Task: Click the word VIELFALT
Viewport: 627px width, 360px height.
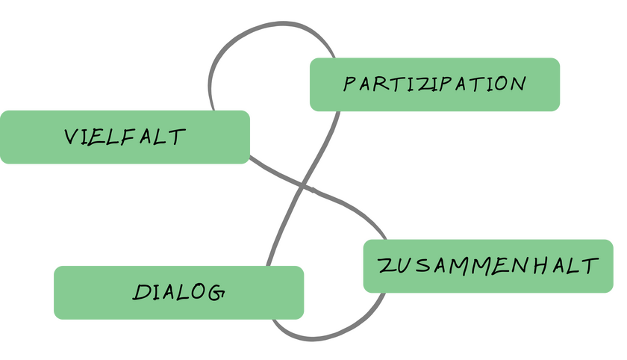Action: [125, 137]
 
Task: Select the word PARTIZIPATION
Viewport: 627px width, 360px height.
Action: [434, 84]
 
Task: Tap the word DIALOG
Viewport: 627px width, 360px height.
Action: [179, 292]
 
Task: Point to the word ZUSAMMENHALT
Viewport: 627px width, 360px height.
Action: [488, 266]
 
